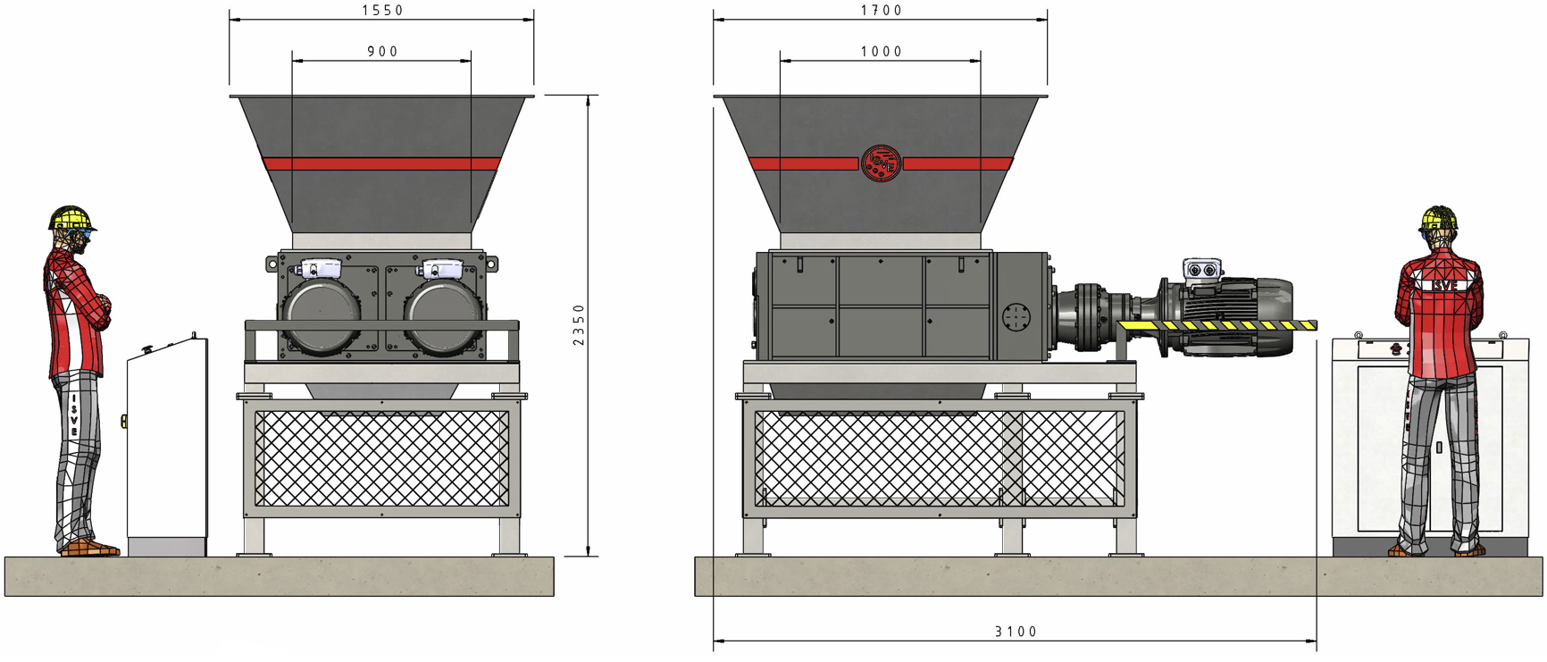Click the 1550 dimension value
[382, 11]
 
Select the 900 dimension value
[382, 52]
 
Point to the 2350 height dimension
[579, 325]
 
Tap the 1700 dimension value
[882, 11]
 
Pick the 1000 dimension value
[882, 52]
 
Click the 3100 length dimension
[1016, 632]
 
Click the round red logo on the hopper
[881, 163]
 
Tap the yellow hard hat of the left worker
[71, 219]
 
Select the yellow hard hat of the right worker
[1439, 218]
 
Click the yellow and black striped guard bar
[1217, 325]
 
